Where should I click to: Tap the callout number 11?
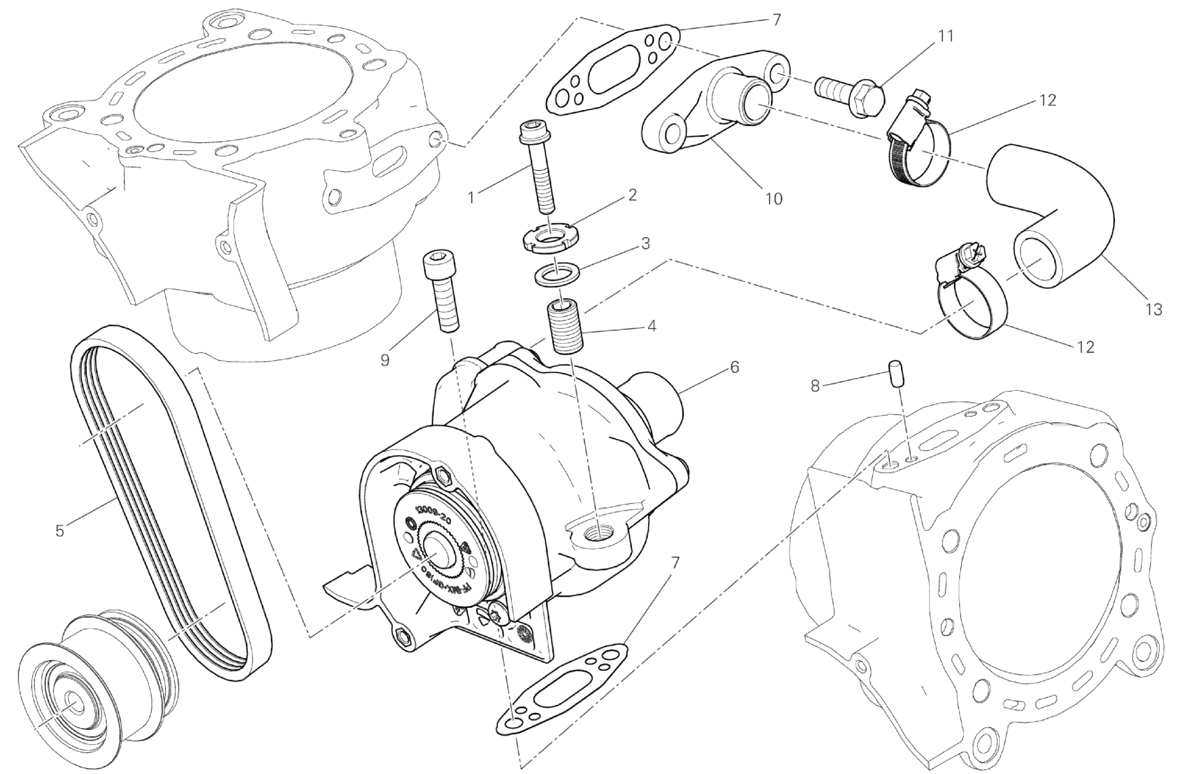[x=946, y=36]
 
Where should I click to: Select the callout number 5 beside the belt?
[x=60, y=530]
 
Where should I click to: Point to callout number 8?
[x=815, y=386]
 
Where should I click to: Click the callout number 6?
[x=734, y=368]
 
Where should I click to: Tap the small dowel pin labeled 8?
[x=895, y=374]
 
